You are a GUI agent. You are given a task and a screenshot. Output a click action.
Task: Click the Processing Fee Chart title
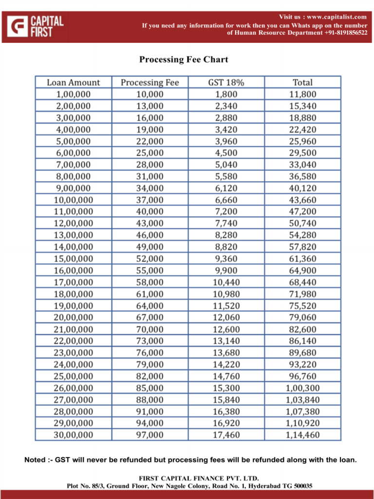click(x=184, y=60)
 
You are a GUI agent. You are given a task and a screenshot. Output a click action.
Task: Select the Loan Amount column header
click(x=73, y=83)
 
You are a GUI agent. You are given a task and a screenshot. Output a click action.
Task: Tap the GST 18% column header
click(x=226, y=83)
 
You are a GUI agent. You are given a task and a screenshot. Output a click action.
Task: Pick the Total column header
click(x=302, y=83)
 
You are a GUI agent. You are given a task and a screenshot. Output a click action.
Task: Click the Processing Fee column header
click(x=150, y=83)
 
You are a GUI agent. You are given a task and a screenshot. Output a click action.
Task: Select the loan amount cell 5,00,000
click(x=73, y=141)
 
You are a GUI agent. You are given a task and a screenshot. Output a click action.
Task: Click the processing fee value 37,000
click(x=150, y=200)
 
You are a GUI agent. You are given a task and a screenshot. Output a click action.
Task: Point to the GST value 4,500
click(x=226, y=153)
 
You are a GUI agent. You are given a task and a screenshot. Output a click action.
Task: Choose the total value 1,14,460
click(x=302, y=435)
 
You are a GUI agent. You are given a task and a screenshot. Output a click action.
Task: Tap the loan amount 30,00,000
click(x=73, y=435)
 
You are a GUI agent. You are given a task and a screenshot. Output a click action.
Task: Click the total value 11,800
click(x=302, y=95)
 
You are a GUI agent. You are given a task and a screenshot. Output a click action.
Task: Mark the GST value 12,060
click(x=226, y=317)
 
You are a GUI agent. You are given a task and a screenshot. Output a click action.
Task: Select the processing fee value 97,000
click(x=150, y=435)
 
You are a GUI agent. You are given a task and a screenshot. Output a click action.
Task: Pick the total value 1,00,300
click(x=302, y=388)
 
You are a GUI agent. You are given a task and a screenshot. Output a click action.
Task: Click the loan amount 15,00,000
click(x=73, y=259)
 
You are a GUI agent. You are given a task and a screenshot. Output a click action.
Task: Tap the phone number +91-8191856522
click(x=346, y=33)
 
